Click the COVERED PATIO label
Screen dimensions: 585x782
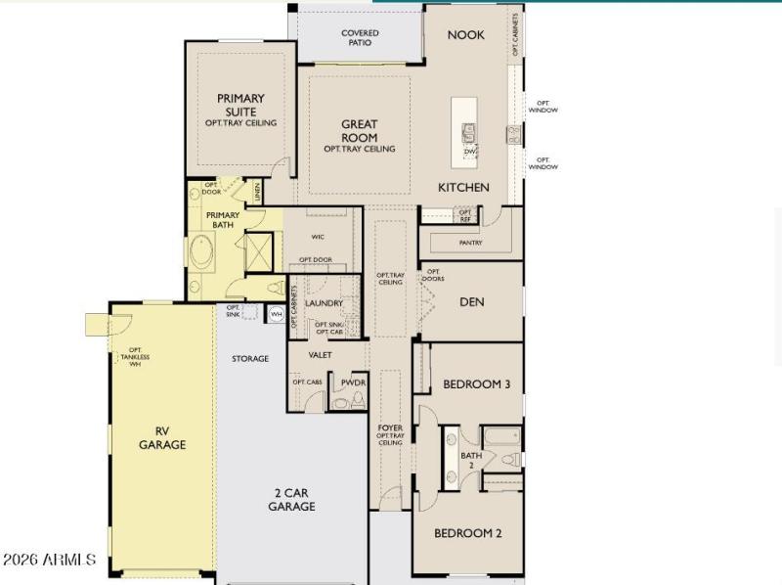pyautogui.click(x=360, y=38)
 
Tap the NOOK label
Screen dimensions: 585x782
pyautogui.click(x=465, y=35)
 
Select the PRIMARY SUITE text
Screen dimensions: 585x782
pyautogui.click(x=240, y=105)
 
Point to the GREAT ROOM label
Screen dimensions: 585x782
pyautogui.click(x=359, y=131)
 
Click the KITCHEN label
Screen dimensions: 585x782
pyautogui.click(x=463, y=188)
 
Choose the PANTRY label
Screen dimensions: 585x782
pyautogui.click(x=470, y=243)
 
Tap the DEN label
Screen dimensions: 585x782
pyautogui.click(x=472, y=302)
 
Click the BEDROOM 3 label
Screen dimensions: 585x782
pyautogui.click(x=476, y=384)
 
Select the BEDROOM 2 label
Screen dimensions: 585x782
pyautogui.click(x=467, y=533)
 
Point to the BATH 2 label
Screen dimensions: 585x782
pyautogui.click(x=471, y=459)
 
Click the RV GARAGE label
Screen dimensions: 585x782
pyautogui.click(x=162, y=437)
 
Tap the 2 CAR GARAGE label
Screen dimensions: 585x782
pyautogui.click(x=291, y=500)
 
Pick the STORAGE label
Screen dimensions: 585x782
pyautogui.click(x=250, y=359)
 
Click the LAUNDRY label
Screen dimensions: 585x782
pyautogui.click(x=324, y=303)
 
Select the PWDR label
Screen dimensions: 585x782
pyautogui.click(x=353, y=382)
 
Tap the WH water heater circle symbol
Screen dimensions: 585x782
pyautogui.click(x=276, y=314)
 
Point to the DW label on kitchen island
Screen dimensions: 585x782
pyautogui.click(x=469, y=152)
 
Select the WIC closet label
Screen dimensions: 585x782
pyautogui.click(x=318, y=237)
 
